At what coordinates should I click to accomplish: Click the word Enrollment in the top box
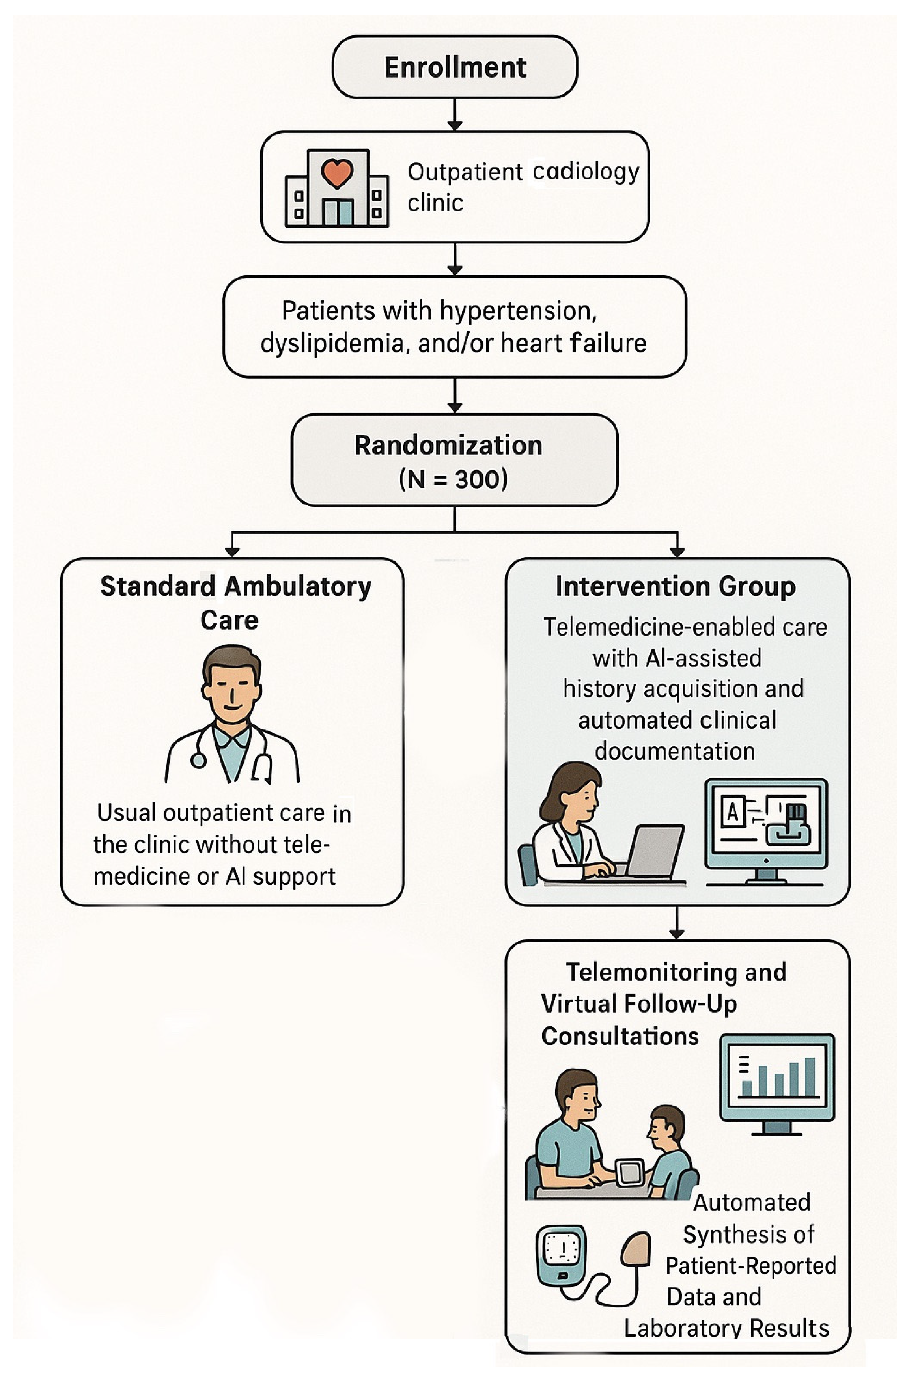455,67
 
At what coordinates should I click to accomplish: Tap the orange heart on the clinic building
337,172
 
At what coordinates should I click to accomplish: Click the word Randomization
448,445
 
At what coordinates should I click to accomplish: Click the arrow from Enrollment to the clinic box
455,114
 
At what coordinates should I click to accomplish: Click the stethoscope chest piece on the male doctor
198,761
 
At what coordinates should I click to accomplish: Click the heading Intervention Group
675,586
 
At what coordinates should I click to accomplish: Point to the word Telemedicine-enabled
617,627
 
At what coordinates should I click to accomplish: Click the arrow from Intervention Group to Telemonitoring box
676,922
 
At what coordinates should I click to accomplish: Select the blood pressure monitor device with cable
560,1253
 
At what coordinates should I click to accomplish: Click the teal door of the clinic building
338,212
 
